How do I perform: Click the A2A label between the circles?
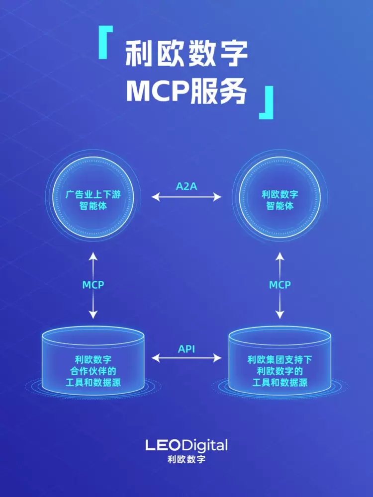pos(186,186)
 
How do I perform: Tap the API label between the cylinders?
pos(186,349)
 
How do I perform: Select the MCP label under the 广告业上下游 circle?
pos(93,285)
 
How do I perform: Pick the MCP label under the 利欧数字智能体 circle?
pos(280,285)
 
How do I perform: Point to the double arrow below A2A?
pos(186,197)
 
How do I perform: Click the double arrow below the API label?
pos(186,358)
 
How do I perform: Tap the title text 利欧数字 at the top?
pos(186,54)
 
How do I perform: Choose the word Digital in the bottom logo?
pos(204,445)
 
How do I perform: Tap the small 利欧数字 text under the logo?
pos(186,459)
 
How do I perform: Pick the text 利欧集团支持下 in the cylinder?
pos(280,359)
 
